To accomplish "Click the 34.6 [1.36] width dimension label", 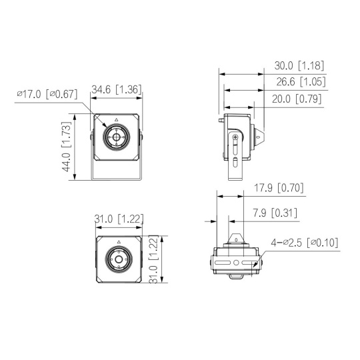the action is (x=117, y=89).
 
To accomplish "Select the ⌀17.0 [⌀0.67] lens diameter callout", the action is (x=47, y=94).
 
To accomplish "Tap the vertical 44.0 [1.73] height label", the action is (x=67, y=147).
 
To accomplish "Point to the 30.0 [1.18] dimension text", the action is (x=299, y=65).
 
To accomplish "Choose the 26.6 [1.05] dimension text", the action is (x=301, y=81).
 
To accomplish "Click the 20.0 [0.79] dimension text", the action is (x=297, y=99).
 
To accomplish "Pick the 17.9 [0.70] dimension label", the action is (x=279, y=188).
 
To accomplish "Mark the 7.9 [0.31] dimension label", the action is (x=275, y=213).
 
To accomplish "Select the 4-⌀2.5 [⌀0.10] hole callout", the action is (x=305, y=243).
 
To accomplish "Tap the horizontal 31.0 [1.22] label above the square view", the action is (x=119, y=219).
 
